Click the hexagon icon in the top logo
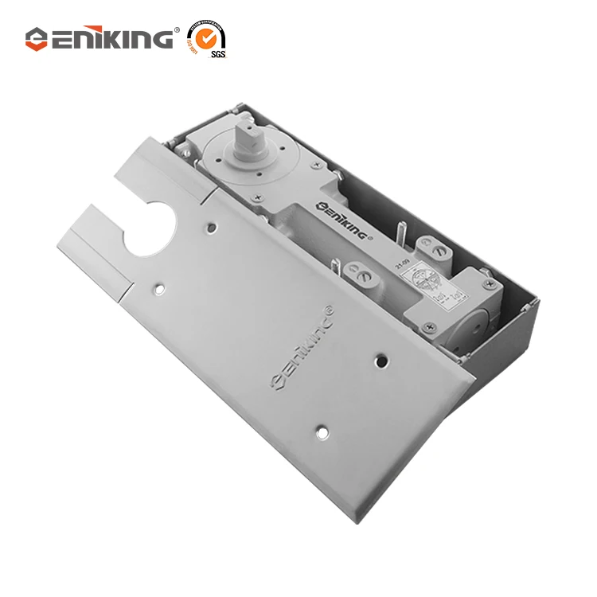[x=37, y=38]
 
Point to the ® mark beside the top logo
[x=177, y=30]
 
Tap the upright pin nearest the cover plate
[x=337, y=267]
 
